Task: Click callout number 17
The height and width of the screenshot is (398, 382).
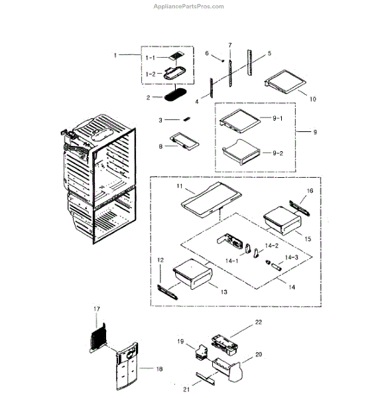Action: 96,309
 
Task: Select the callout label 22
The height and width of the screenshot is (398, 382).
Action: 259,322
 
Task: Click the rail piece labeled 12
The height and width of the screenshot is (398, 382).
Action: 167,289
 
